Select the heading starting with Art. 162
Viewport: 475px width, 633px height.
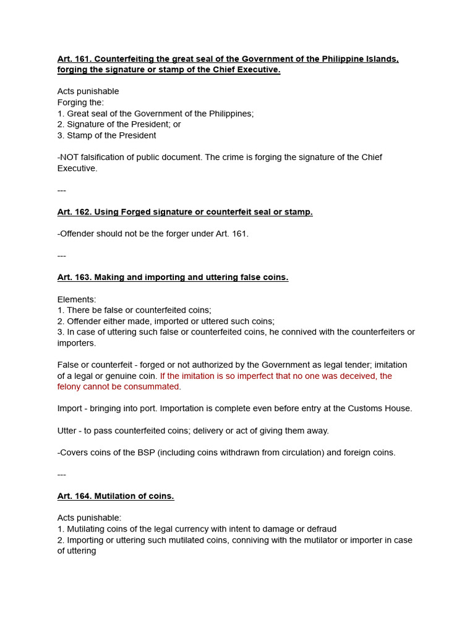[185, 212]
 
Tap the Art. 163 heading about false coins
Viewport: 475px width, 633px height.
[173, 278]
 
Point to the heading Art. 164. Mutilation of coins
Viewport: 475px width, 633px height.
[116, 496]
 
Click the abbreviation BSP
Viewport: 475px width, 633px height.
[144, 452]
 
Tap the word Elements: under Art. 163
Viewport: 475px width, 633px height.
[77, 299]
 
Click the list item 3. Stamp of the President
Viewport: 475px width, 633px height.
[106, 135]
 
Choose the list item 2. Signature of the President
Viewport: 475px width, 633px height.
[119, 124]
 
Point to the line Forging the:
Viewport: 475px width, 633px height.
[80, 103]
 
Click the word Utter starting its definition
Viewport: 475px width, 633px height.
[67, 430]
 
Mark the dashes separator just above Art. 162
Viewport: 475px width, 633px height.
[62, 190]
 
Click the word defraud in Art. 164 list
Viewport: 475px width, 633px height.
[321, 529]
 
